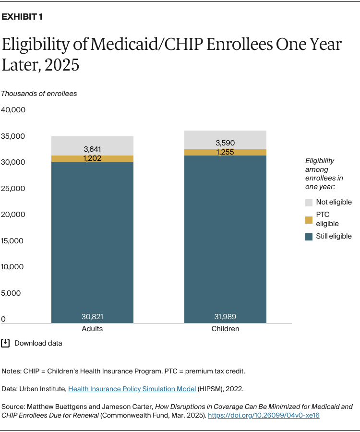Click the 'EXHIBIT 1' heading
coord(22,17)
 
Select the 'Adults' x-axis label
coord(93,329)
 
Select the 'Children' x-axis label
coord(225,329)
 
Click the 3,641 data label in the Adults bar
coord(93,149)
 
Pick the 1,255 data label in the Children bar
coord(225,152)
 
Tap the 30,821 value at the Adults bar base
coord(93,317)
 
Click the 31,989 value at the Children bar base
coord(225,317)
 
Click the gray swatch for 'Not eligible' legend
coord(309,203)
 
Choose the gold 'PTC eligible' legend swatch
coord(309,219)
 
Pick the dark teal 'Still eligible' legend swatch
coord(309,236)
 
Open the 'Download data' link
coord(38,343)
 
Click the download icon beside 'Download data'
coord(6,343)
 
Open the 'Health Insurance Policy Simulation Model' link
coord(132,389)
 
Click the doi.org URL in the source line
coord(264,415)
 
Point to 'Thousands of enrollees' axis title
coord(39,94)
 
